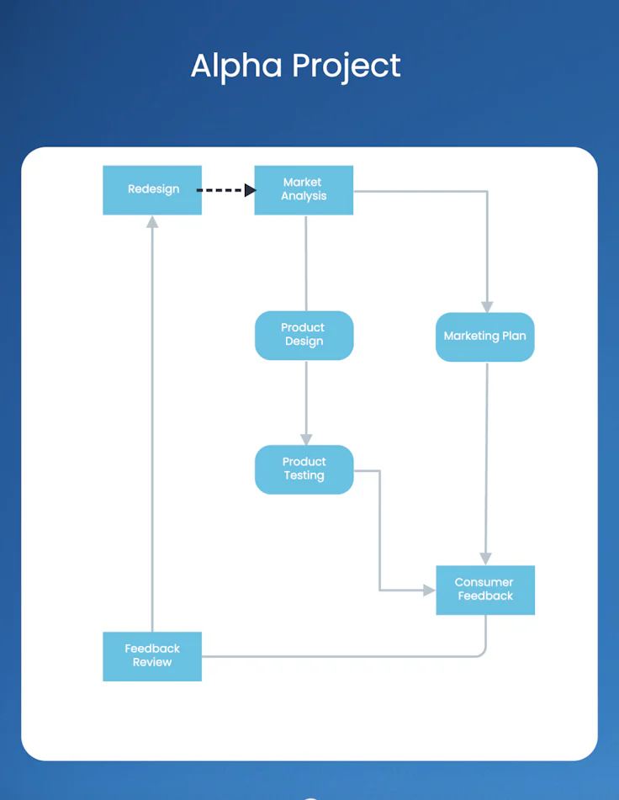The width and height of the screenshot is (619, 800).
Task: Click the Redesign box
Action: click(x=152, y=190)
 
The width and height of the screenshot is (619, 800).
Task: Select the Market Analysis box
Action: click(x=304, y=190)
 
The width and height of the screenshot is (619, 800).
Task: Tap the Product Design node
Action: click(x=304, y=335)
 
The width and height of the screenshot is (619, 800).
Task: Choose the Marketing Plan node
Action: click(x=484, y=336)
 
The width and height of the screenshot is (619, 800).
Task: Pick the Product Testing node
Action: click(x=304, y=469)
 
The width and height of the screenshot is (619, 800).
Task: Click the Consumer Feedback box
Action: click(x=485, y=590)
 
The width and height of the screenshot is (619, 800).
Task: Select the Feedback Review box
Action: click(x=152, y=656)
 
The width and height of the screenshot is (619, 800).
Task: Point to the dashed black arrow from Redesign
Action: click(x=221, y=190)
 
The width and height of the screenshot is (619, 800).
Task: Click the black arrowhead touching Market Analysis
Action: click(x=250, y=190)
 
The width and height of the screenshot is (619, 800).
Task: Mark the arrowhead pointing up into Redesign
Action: click(x=152, y=222)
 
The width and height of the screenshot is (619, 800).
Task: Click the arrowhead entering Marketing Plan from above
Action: click(x=487, y=307)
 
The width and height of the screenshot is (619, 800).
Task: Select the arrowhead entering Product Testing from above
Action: click(x=306, y=439)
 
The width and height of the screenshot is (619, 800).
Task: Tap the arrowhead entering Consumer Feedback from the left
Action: click(x=429, y=591)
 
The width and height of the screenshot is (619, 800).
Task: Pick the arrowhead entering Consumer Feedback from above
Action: click(x=485, y=559)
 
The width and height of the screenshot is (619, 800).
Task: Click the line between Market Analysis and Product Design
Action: click(x=306, y=262)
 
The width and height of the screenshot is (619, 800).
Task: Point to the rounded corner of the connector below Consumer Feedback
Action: click(x=483, y=653)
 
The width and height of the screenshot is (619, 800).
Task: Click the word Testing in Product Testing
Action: click(x=304, y=476)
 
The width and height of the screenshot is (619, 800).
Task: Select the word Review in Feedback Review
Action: click(x=152, y=663)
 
